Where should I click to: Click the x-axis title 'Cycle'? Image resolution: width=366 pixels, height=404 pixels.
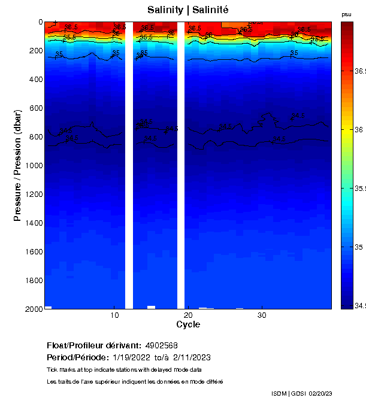click(188, 324)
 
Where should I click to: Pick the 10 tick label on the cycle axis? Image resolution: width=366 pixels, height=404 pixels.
click(114, 315)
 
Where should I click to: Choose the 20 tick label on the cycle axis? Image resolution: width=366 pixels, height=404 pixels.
click(188, 315)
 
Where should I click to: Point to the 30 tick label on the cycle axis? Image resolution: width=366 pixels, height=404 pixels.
click(262, 315)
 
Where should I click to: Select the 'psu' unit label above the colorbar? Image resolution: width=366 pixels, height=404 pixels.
click(346, 14)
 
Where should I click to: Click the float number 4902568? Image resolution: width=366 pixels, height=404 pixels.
click(161, 345)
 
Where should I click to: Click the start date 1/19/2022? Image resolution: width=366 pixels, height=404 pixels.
click(132, 357)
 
